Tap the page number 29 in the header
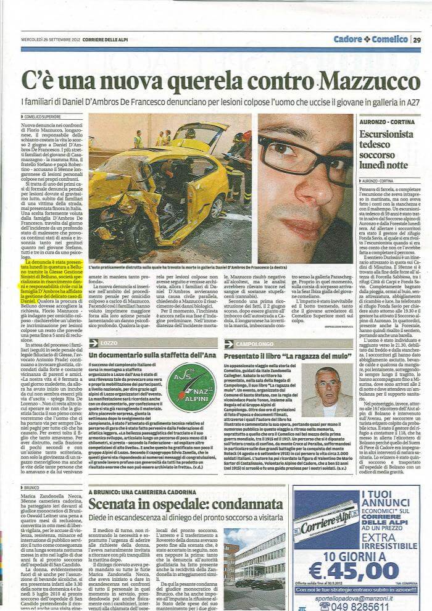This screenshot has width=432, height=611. [417, 39]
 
